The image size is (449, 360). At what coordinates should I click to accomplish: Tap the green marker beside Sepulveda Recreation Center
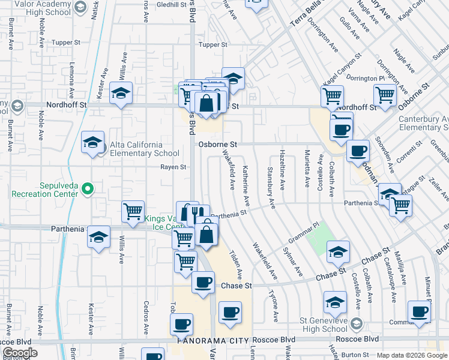88,190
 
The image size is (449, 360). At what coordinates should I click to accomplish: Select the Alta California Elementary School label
136,149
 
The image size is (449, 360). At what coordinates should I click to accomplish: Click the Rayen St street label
172,167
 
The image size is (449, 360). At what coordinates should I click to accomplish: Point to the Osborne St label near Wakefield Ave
218,145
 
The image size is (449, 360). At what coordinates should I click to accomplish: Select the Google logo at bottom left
20,353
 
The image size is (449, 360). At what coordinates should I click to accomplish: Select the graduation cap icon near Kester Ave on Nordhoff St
121,93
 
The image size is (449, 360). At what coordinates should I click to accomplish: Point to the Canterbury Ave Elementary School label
423,123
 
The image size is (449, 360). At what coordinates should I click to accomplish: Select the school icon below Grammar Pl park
338,252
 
